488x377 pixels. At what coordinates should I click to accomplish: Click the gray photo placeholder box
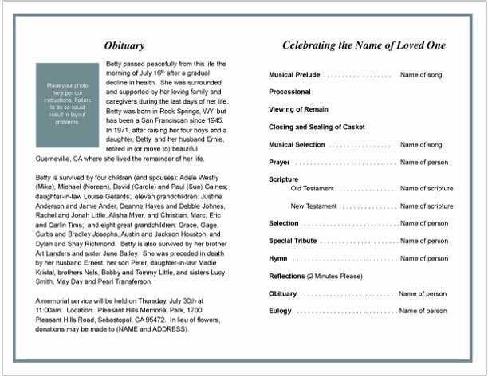pos(68,104)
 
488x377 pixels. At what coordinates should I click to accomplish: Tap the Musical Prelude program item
pos(294,75)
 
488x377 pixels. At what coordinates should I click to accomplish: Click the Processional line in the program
pos(289,92)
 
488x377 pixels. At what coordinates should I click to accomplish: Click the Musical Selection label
pos(297,145)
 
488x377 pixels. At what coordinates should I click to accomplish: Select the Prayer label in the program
pos(280,163)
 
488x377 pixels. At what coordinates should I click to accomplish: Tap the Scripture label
pos(284,180)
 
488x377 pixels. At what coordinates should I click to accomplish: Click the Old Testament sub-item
pos(313,189)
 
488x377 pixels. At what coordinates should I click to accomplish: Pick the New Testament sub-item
pos(314,206)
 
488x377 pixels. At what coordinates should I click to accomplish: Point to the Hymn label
pos(278,258)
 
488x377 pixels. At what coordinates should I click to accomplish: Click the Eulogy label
pos(280,311)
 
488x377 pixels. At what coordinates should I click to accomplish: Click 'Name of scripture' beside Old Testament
pos(427,189)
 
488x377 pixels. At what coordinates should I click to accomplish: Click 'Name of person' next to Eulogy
pos(423,311)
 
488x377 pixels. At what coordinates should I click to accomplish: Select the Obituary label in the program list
pos(282,293)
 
